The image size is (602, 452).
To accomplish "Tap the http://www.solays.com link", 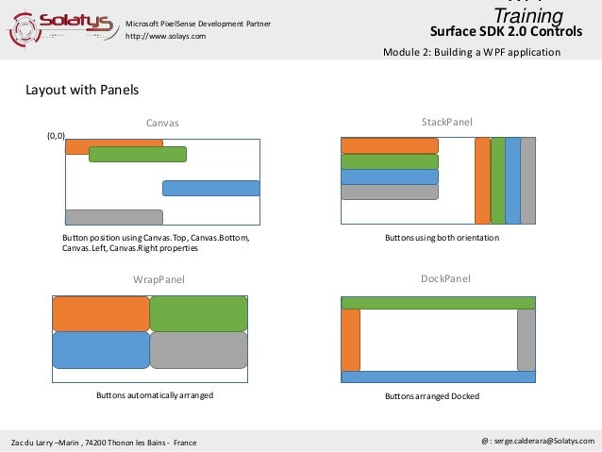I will [x=166, y=36].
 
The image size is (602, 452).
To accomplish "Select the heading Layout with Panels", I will [x=82, y=91].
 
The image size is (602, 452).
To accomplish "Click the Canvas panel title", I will [x=162, y=123].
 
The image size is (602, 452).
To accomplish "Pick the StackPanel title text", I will [x=446, y=122].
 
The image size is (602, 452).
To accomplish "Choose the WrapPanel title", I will [x=159, y=279].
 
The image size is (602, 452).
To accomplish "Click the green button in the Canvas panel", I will [x=138, y=154].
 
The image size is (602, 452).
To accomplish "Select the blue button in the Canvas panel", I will [x=210, y=188].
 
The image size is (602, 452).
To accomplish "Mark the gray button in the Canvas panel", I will [x=113, y=216].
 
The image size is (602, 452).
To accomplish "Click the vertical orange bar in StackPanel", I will [x=482, y=180].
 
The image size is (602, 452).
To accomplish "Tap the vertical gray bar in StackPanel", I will [x=528, y=180].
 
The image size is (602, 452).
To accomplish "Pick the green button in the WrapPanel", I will [x=198, y=313].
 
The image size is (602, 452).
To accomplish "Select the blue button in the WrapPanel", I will [x=101, y=349].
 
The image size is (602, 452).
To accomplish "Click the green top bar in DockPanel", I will [x=438, y=303].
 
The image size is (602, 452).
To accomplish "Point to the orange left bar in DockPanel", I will [x=350, y=340].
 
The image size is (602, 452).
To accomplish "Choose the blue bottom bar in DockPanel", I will [x=438, y=377].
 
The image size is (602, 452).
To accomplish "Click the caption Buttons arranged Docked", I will [x=432, y=396].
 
